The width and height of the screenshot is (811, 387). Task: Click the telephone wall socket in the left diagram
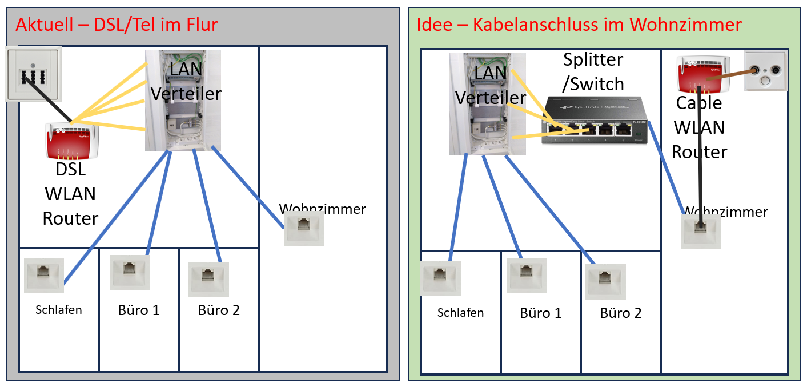point(33,74)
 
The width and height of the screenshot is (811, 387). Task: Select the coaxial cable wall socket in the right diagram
point(765,71)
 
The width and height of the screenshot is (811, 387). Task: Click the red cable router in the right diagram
point(702,74)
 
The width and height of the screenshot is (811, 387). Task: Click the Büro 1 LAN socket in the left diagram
point(130,273)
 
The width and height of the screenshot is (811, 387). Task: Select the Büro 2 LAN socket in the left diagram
point(208,279)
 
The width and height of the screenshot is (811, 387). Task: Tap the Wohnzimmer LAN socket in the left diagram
point(304,229)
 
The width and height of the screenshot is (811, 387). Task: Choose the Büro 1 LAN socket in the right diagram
point(527,275)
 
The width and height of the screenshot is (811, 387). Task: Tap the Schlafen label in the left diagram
point(59,310)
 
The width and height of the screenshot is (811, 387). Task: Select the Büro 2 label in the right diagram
point(621,313)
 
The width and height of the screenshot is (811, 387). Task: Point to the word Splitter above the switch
point(593,59)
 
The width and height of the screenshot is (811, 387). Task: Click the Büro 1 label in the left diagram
point(139,310)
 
